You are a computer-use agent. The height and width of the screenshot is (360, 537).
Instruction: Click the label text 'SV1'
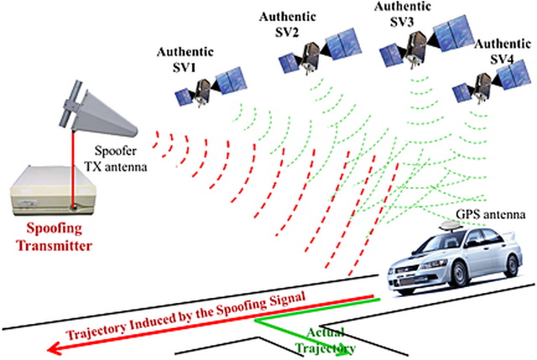pyautogui.click(x=185, y=67)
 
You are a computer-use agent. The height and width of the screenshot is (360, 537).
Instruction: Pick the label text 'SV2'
pyautogui.click(x=287, y=32)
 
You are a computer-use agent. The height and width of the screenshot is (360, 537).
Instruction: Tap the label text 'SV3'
pyautogui.click(x=402, y=22)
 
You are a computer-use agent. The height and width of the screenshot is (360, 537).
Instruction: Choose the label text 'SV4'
pyautogui.click(x=502, y=59)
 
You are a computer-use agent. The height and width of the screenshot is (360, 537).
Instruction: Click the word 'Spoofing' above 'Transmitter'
pyautogui.click(x=55, y=229)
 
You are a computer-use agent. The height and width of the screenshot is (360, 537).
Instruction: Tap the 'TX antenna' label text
pyautogui.click(x=116, y=166)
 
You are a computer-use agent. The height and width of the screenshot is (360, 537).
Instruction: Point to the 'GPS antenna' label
pyautogui.click(x=490, y=215)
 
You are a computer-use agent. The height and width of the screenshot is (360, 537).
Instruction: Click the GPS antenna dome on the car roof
pyautogui.click(x=451, y=226)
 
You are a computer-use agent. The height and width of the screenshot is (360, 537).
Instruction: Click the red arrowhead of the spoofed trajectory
pyautogui.click(x=55, y=349)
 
